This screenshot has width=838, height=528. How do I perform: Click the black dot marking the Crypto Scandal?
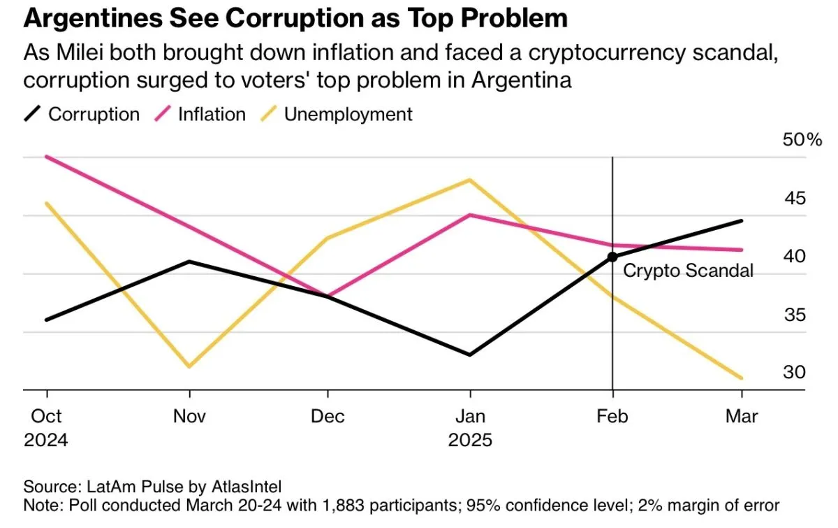point(612,257)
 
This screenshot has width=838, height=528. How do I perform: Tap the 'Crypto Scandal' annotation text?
point(688,271)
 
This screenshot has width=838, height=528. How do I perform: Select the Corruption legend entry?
point(82,114)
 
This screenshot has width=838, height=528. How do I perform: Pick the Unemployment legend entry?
point(337,114)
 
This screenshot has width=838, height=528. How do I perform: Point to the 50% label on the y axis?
point(802,140)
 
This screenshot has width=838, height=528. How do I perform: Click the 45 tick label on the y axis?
point(794,199)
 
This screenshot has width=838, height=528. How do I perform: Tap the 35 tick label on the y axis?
point(794,315)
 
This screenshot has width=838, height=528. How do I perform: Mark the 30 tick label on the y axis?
point(794,373)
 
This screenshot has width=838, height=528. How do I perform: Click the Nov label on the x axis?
point(189,416)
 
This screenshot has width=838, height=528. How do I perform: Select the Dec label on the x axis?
point(328,416)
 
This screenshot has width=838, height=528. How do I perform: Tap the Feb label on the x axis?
point(612,416)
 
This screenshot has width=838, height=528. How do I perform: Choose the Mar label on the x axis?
point(742,416)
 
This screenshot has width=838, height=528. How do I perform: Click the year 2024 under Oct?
point(46,441)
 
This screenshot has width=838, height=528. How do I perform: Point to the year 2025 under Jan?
point(470,441)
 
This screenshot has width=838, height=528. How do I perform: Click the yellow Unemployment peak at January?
point(470,180)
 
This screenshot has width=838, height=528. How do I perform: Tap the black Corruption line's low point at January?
point(470,355)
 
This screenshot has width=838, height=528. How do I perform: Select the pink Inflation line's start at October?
point(46,156)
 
